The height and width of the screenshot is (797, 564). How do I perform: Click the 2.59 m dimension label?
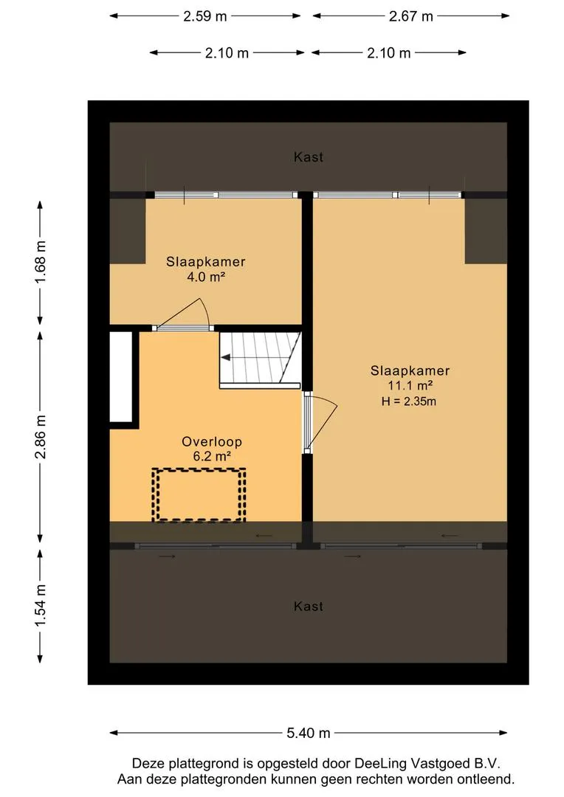205,16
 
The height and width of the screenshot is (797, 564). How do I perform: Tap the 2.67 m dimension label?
411,16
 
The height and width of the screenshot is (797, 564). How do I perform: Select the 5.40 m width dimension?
308,733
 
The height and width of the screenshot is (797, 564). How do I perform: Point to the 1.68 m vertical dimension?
41,262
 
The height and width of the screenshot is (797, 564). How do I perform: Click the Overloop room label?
212,442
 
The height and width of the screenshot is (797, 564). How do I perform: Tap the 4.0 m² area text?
206,277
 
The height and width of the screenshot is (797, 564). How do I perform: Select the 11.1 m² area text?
410,386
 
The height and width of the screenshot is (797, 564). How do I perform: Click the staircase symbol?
260,358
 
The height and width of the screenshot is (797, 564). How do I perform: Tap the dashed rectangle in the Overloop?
199,494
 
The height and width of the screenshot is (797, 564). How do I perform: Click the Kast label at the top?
309,157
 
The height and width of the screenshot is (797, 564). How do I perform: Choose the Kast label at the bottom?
309,607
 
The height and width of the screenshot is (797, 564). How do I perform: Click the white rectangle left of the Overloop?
120,377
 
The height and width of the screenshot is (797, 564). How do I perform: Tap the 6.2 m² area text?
212,457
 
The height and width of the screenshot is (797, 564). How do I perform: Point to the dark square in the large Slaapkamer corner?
486,230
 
